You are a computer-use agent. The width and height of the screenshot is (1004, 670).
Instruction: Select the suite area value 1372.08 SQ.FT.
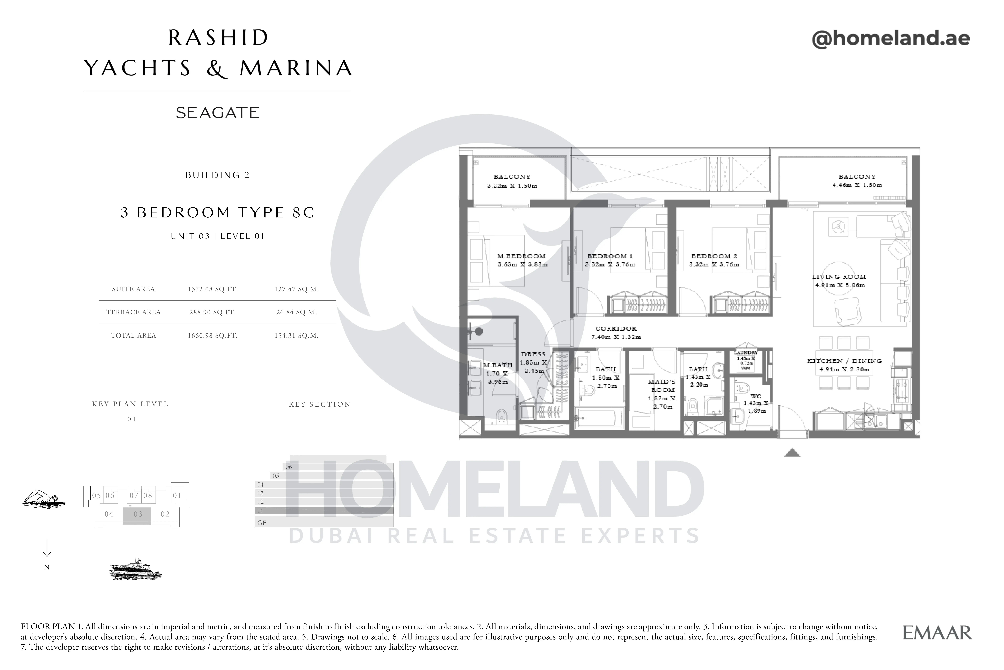pyautogui.click(x=212, y=289)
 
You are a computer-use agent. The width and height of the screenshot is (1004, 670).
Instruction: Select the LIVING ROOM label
pyautogui.click(x=839, y=277)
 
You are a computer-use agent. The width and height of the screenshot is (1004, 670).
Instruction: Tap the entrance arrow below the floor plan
pyautogui.click(x=792, y=453)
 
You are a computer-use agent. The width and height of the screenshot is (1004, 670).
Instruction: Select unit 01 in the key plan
pyautogui.click(x=177, y=496)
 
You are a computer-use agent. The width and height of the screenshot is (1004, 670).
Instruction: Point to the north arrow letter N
pyautogui.click(x=47, y=567)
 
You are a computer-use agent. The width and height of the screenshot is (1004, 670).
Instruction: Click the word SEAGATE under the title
pyautogui.click(x=217, y=113)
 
